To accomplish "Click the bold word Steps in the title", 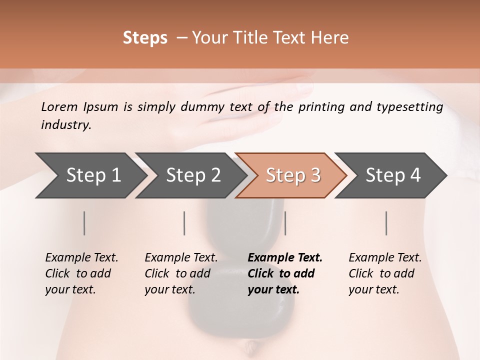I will point(145,38).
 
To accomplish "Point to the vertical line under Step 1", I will point(84,223).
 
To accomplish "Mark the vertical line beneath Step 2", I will point(184,223).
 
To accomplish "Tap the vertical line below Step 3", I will point(285,223).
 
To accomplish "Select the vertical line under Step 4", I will point(386,223).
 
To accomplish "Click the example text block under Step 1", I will point(81,273).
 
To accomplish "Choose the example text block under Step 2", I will point(181,273).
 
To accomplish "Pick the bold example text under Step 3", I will point(285,273).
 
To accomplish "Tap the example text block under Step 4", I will point(385,273).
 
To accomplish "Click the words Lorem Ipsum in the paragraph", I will point(79,107).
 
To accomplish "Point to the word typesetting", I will point(410,107).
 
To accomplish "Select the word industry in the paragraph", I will point(66,125).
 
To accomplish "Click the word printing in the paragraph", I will point(321,107).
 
